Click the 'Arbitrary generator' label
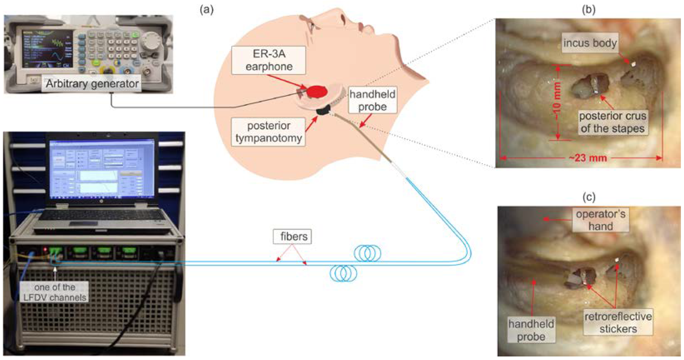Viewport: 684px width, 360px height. (x=92, y=84)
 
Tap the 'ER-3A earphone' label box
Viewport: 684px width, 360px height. (x=269, y=60)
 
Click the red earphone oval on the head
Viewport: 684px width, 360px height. (x=317, y=92)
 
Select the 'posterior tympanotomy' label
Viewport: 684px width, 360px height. (x=268, y=132)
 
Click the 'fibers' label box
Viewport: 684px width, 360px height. (x=293, y=237)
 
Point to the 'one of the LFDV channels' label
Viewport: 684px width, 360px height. (x=54, y=292)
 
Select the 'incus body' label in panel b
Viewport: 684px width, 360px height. (x=590, y=43)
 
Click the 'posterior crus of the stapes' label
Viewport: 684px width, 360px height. (x=613, y=122)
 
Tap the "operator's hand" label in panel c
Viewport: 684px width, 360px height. (x=600, y=220)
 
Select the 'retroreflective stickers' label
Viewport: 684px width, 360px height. (x=618, y=323)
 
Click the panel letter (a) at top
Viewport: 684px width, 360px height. (x=206, y=10)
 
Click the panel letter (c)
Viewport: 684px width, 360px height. (x=589, y=197)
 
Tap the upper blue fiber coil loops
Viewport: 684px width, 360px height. (x=368, y=253)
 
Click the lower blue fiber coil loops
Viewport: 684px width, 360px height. (x=343, y=273)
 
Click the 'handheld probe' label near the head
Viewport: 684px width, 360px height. (x=372, y=100)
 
